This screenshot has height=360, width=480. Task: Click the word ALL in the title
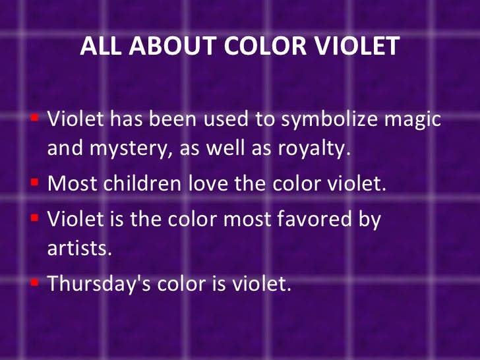coord(98,46)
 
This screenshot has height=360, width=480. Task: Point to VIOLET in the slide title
coord(359,46)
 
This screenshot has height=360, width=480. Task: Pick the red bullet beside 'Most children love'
coord(35,182)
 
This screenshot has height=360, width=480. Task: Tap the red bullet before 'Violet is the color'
coord(35,217)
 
